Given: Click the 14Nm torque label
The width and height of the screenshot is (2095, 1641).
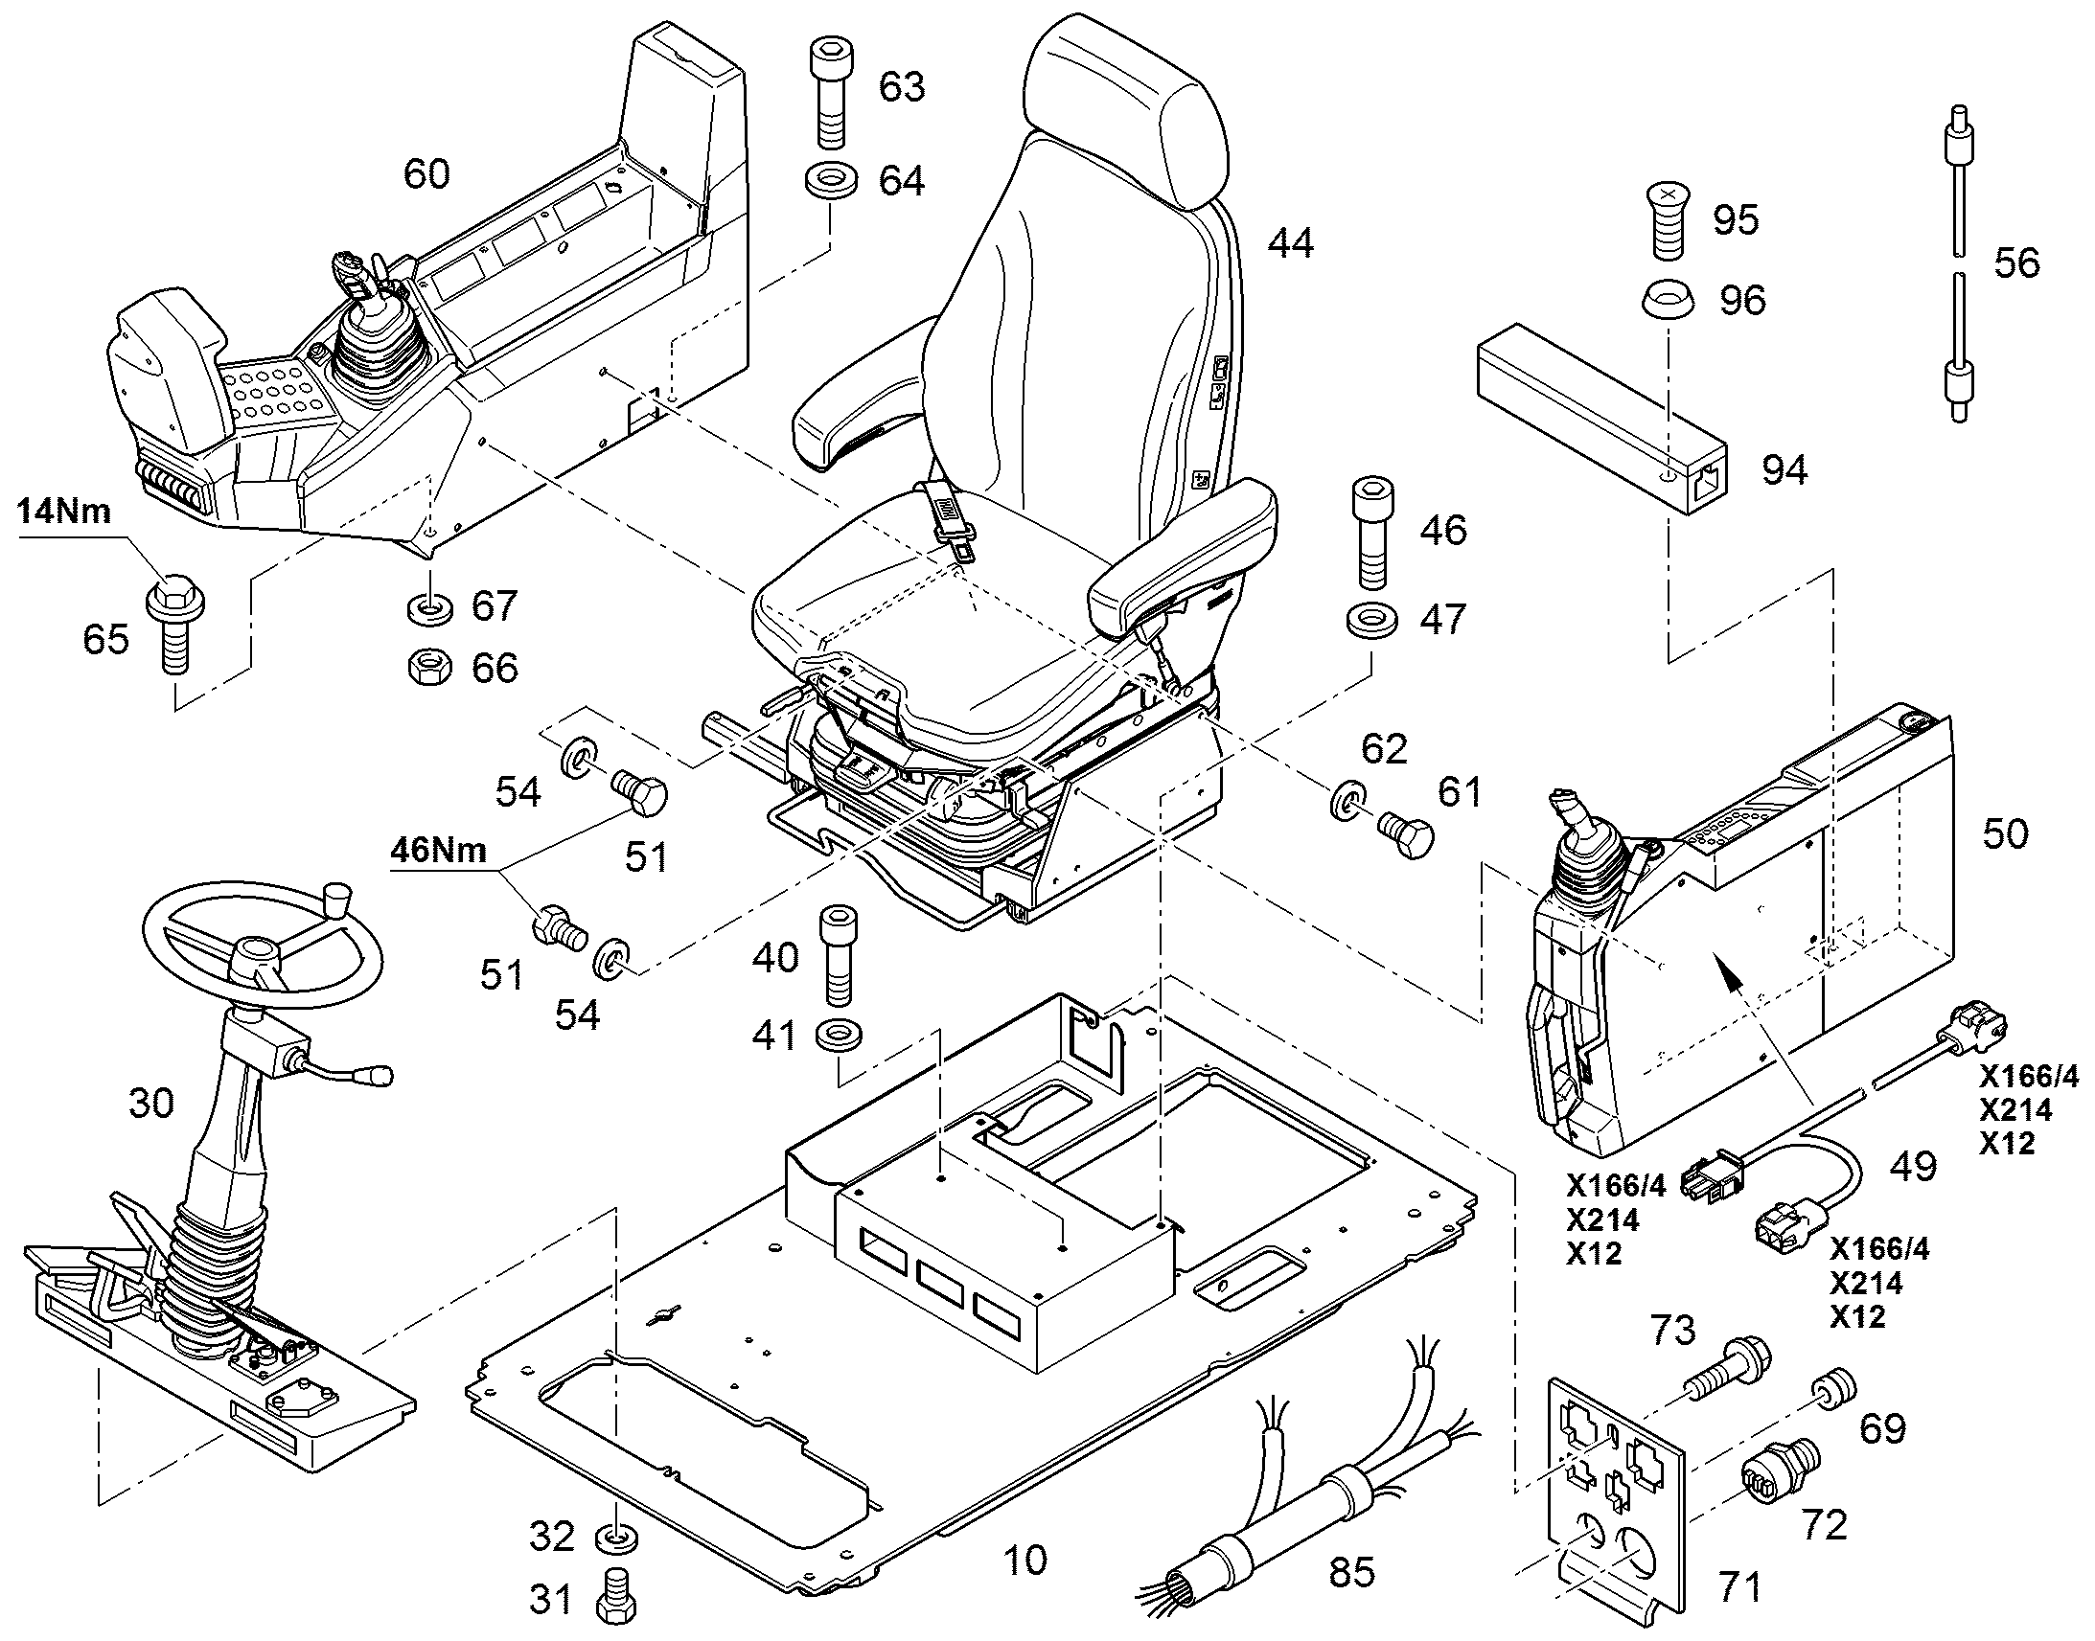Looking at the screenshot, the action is coord(63,512).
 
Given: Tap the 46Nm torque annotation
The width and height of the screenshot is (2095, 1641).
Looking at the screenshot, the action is coord(438,851).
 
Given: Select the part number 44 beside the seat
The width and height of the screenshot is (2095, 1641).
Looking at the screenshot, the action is coord(1290,243).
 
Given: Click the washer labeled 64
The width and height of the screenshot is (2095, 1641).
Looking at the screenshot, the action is coord(829,182).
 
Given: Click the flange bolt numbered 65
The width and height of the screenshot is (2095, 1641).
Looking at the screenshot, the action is coord(173,625).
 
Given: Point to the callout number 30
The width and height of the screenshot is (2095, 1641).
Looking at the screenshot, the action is coord(150,1103).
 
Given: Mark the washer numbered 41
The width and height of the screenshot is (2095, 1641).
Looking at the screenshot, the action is coord(838,1037).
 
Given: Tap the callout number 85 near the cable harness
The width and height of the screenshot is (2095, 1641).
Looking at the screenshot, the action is coord(1351,1572).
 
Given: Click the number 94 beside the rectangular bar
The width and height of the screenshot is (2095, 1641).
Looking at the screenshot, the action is coord(1784,469).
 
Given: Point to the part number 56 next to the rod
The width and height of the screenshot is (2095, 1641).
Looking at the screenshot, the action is coord(2016,262).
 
